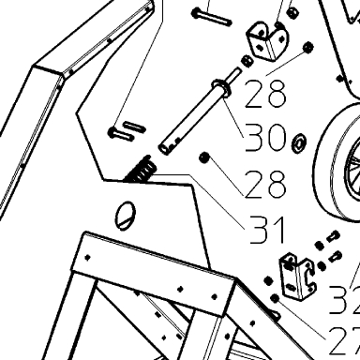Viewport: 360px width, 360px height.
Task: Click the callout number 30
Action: (265, 138)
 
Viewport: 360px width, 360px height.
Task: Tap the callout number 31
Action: (266, 230)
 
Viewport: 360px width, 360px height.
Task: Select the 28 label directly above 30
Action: (265, 94)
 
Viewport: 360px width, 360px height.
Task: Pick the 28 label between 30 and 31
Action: (265, 185)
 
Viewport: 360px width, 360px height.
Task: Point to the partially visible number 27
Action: (344, 341)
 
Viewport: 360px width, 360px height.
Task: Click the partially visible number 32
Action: (344, 300)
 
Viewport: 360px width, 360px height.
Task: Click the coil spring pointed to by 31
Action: (142, 170)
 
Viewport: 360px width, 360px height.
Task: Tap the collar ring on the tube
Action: (221, 87)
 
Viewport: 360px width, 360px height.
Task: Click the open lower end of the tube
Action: (164, 148)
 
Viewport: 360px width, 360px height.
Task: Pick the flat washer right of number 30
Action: (299, 143)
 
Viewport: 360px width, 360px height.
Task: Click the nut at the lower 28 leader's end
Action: (204, 157)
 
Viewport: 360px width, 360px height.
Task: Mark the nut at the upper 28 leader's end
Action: (308, 47)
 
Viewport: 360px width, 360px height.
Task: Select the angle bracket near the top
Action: (268, 39)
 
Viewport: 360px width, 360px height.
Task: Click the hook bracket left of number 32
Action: (298, 277)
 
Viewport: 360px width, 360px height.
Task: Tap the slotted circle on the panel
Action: (126, 216)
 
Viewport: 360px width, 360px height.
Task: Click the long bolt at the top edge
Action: (212, 18)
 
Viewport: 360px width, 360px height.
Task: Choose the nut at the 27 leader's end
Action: (275, 298)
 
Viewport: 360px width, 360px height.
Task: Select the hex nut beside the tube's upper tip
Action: (247, 61)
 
